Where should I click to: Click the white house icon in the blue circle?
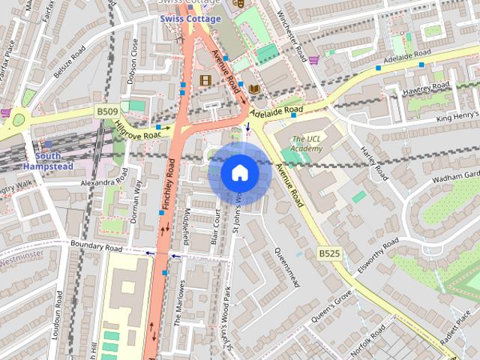[239, 173]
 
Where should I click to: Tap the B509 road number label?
[106, 112]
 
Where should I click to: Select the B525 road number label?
[329, 253]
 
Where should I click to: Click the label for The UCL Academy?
[307, 143]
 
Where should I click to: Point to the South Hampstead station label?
[48, 160]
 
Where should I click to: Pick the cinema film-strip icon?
[205, 79]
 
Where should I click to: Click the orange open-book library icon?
[254, 88]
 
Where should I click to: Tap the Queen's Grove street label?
[332, 304]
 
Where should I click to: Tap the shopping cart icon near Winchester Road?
[313, 60]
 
